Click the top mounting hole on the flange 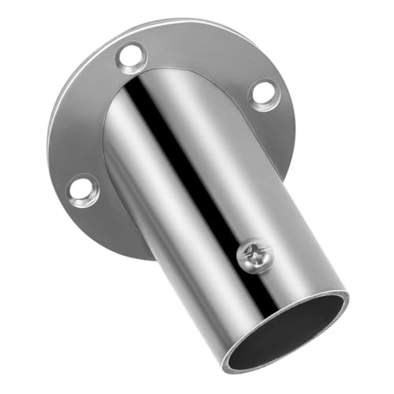point(132,57)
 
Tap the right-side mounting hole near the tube point(262,94)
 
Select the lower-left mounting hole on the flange point(83,190)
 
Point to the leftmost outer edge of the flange point(49,158)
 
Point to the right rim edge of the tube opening point(347,303)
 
